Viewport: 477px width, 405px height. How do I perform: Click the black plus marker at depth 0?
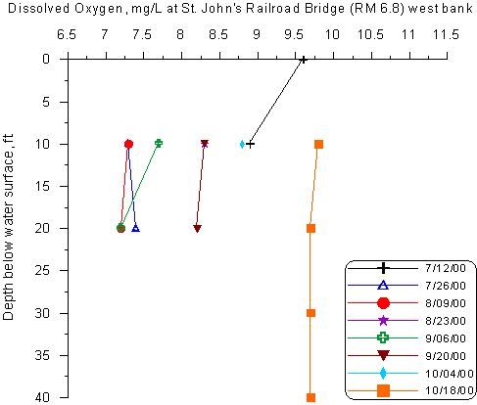[x=304, y=60]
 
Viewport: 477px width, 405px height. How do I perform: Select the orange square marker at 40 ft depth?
[x=310, y=397]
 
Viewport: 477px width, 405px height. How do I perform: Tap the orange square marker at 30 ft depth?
[x=310, y=313]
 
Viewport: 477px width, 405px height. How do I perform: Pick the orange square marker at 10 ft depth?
[x=319, y=144]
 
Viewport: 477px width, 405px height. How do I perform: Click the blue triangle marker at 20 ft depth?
[x=135, y=228]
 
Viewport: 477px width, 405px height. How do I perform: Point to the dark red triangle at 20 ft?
[x=197, y=228]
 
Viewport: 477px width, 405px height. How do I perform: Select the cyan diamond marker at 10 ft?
[x=242, y=144]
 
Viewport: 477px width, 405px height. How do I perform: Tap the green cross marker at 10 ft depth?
[x=159, y=143]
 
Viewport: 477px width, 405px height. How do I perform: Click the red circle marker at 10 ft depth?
[x=128, y=144]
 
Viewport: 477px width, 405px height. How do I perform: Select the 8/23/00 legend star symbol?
[x=383, y=321]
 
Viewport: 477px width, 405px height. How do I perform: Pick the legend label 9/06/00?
[x=446, y=338]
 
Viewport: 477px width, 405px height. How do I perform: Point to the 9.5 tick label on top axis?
[x=294, y=34]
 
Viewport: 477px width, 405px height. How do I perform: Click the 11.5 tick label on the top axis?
[x=446, y=34]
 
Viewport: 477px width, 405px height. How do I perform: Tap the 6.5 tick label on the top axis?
[x=67, y=34]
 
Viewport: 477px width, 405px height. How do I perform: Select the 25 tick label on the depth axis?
[x=42, y=270]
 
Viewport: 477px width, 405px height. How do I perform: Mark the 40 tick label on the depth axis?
[x=42, y=397]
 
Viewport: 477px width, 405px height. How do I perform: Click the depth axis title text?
[x=8, y=227]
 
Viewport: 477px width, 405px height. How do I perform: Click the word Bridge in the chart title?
[x=323, y=8]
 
